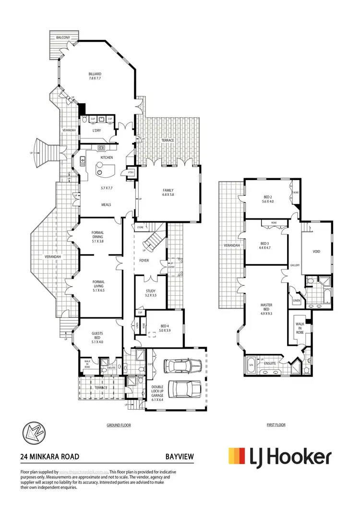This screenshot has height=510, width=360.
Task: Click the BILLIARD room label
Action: [x=95, y=74]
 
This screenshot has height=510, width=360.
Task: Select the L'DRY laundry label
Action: [x=96, y=130]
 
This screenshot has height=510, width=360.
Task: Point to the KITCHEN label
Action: [x=107, y=158]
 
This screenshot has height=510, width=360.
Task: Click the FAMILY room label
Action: [x=168, y=190]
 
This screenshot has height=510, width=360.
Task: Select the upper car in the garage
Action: [x=178, y=367]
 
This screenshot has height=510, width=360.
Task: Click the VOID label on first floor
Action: [x=316, y=251]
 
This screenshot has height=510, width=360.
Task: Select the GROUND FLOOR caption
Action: [x=119, y=425]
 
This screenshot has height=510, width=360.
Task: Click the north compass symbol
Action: [x=33, y=436]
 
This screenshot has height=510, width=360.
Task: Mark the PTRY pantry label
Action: [x=130, y=173]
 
